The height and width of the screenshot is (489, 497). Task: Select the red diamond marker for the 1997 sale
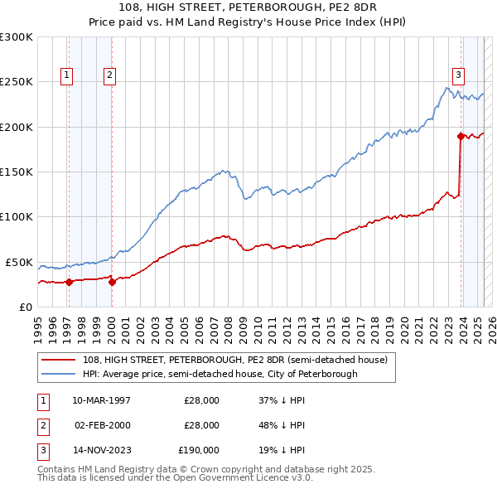point(70,282)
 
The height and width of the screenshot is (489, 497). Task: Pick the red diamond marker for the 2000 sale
point(112,282)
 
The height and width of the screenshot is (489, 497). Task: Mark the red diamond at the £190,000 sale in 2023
point(461,136)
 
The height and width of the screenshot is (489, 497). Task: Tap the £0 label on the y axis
point(24,307)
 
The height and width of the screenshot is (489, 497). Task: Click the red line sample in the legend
point(58,361)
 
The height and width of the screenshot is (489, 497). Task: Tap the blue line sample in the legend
point(58,374)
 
